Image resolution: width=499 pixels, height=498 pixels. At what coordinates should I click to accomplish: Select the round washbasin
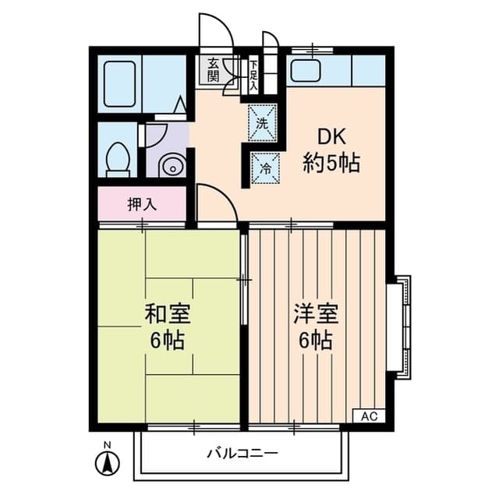coord(170,167)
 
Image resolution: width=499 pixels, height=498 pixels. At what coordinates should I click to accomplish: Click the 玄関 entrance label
coord(214,70)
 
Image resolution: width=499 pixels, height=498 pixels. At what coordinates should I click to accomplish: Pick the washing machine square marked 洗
coord(263,122)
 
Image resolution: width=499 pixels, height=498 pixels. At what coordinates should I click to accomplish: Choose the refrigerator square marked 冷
coord(264,166)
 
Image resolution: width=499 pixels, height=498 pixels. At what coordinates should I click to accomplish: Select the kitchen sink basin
coord(305,72)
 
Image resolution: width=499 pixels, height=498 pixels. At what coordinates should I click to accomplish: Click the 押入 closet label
coord(143,205)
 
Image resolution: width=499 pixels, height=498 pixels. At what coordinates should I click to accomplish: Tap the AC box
coord(369,416)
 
